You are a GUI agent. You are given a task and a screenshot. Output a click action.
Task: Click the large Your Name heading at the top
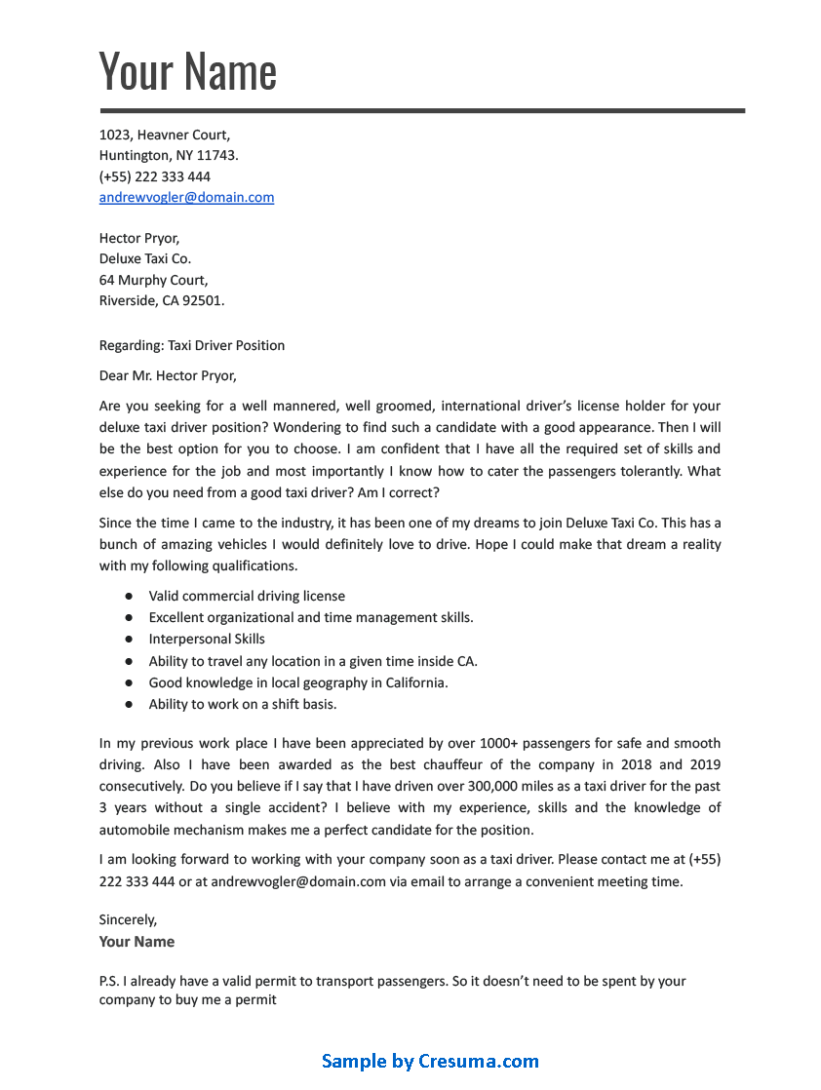[188, 71]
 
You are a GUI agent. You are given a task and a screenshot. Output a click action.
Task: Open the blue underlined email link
[186, 197]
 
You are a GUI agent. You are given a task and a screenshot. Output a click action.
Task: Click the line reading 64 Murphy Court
[153, 280]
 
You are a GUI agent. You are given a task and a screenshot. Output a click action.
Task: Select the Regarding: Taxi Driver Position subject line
[192, 345]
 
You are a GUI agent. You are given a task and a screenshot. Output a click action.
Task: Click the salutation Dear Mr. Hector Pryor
[168, 375]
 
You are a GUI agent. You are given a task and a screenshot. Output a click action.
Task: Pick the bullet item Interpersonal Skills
[207, 640]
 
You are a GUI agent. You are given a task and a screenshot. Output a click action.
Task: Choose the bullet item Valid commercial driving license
[247, 596]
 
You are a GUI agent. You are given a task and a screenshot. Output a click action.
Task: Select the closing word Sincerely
[128, 919]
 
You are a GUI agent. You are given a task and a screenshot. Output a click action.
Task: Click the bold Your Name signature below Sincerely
[137, 942]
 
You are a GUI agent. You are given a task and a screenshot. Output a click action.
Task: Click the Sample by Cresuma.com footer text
[430, 1061]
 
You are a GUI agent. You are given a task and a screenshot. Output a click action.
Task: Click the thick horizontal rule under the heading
[422, 111]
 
